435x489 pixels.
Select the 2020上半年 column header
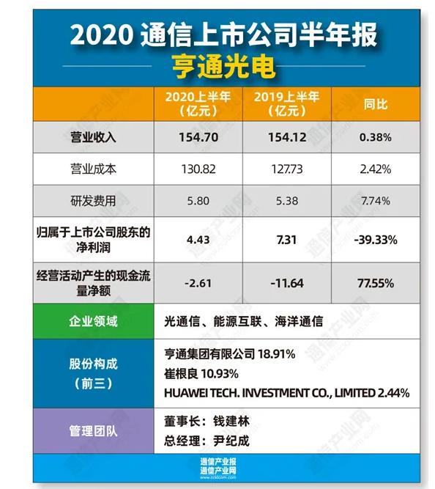[x=198, y=104]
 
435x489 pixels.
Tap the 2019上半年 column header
[x=287, y=104]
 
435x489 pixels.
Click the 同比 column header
[x=376, y=104]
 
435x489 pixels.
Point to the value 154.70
[x=198, y=137]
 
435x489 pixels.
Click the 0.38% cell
[x=376, y=137]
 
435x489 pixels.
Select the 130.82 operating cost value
[x=198, y=169]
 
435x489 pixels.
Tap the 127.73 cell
[x=287, y=169]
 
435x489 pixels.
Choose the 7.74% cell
[x=376, y=200]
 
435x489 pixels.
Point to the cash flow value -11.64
[x=287, y=282]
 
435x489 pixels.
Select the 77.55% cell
[x=376, y=282]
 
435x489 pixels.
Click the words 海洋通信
[x=300, y=321]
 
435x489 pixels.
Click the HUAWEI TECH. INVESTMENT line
[x=286, y=392]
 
